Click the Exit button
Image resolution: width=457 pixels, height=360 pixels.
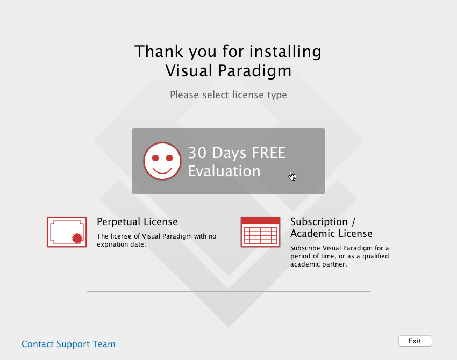415,341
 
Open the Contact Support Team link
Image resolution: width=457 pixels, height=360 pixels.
68,344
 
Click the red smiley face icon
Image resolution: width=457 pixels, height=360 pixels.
162,161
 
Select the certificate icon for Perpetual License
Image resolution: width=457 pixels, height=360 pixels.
67,232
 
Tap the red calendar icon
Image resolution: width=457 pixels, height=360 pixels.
261,232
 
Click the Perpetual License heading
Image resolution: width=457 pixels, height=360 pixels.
137,222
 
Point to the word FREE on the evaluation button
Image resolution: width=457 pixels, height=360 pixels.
268,153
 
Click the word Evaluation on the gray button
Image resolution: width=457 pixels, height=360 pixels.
224,171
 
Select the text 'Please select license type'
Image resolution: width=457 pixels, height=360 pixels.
228,95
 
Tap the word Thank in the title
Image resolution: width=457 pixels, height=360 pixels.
159,51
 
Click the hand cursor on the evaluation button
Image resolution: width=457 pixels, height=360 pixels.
292,176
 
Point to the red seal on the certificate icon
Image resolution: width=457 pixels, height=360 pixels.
77,238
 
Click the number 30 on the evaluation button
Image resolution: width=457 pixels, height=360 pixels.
197,153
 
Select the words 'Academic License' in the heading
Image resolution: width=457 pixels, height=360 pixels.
331,234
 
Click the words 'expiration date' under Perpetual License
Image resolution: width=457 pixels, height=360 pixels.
122,244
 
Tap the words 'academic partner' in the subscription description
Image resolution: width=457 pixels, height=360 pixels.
319,264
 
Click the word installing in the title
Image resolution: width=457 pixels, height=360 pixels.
285,52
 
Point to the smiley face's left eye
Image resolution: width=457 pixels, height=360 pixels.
155,158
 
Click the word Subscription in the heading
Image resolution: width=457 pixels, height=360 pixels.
319,222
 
